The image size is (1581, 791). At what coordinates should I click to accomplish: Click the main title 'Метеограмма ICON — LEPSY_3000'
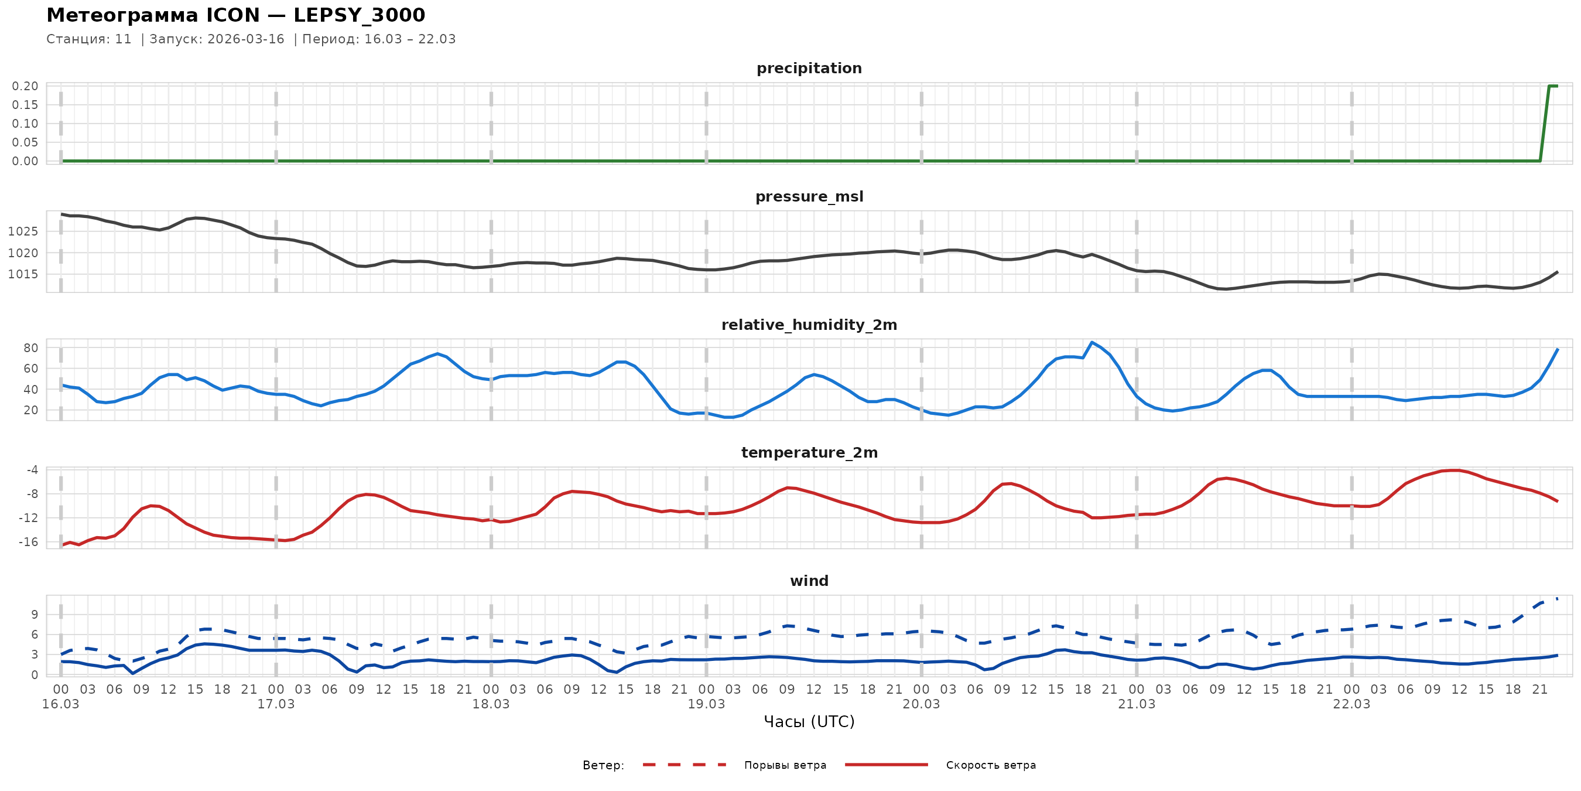click(x=235, y=15)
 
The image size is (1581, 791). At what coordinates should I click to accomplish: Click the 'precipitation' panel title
click(x=809, y=68)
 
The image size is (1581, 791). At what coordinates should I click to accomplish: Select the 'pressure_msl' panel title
click(x=809, y=196)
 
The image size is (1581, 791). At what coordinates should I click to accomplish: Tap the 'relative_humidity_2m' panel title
click(x=809, y=325)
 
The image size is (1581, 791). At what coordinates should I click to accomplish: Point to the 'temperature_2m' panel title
click(x=809, y=452)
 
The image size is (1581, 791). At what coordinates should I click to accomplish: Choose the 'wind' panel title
click(x=809, y=581)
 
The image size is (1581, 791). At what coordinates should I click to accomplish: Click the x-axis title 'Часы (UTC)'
click(x=809, y=722)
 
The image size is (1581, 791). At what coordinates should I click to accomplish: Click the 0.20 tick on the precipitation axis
click(x=25, y=86)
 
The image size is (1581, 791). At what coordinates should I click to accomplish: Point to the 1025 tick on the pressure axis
click(x=23, y=231)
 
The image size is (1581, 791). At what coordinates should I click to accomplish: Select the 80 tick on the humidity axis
click(x=30, y=347)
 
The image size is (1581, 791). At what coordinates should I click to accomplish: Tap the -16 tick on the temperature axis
click(x=28, y=541)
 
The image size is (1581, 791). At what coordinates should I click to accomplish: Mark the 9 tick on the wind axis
click(x=35, y=615)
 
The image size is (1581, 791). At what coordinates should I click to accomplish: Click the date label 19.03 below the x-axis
click(x=706, y=704)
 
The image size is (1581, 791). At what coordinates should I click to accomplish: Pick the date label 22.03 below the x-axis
click(x=1351, y=704)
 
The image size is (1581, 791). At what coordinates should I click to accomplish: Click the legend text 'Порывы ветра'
click(x=785, y=765)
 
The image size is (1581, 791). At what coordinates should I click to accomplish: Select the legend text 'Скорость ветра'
click(x=991, y=765)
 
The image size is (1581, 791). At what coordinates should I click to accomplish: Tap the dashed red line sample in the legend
click(x=685, y=765)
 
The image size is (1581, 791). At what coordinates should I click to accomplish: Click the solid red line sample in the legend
click(x=887, y=765)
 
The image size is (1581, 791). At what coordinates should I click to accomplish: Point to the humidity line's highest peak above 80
click(x=1092, y=342)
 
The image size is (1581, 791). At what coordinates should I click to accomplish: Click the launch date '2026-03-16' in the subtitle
click(x=245, y=39)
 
